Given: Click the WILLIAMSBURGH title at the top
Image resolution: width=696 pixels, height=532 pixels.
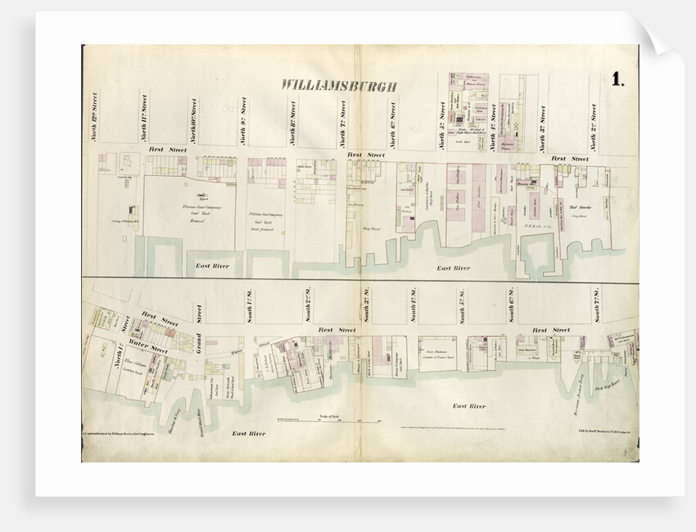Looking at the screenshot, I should pos(339,85).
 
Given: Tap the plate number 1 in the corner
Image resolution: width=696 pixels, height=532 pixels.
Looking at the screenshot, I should pos(616,79).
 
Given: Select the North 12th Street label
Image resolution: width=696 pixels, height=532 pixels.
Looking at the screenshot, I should pos(95,116).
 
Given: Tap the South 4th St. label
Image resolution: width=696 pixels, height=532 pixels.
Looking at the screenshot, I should pos(409,304).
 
